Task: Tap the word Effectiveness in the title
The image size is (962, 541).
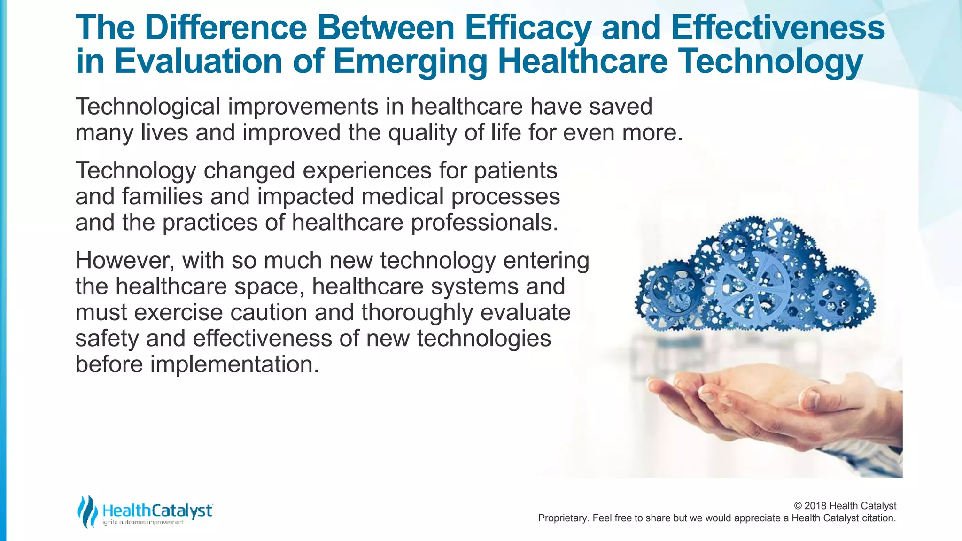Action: point(778,27)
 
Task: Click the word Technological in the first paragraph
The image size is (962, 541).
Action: point(147,107)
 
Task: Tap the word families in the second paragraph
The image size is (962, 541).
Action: point(162,196)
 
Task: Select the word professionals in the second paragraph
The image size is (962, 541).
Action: point(484,223)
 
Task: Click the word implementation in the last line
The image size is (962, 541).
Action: point(234,364)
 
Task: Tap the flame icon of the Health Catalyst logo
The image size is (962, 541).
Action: point(87,511)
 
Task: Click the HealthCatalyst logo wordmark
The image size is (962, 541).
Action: point(157,510)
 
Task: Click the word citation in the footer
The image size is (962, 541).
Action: point(879,518)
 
